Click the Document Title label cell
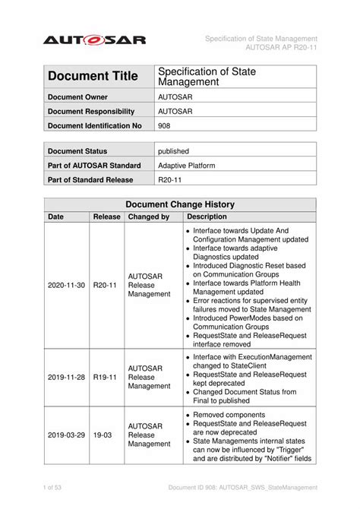tap(93, 76)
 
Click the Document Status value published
tap(173, 151)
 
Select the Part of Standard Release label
tap(90, 180)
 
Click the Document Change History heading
tap(180, 204)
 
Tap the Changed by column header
tap(149, 217)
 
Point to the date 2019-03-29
tap(66, 436)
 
